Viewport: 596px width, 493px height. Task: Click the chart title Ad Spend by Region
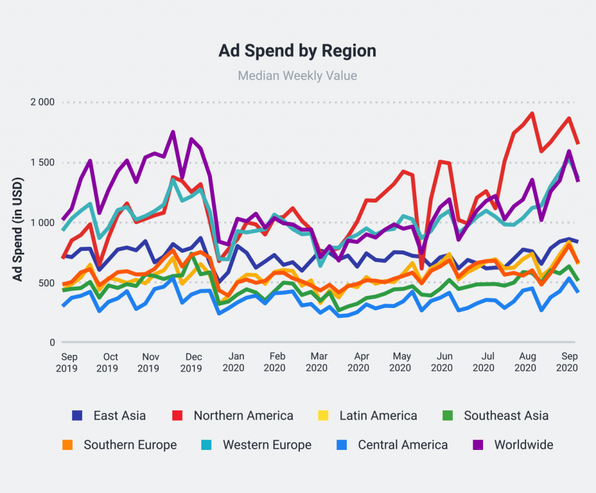pos(297,51)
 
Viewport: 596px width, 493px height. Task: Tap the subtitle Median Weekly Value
pos(297,76)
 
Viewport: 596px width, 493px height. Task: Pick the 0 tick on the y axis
pos(51,343)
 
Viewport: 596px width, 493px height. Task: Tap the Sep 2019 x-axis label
pos(69,362)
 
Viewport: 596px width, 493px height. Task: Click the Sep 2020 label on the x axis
pos(567,362)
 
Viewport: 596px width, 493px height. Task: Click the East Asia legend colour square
pos(77,416)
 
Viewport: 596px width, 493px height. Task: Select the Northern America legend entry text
pos(243,416)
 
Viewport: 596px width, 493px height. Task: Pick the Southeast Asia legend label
pos(506,416)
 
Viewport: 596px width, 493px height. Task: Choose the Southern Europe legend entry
pos(130,445)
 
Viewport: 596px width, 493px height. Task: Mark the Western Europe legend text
pos(267,445)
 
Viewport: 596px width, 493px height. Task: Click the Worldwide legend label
pos(523,445)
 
